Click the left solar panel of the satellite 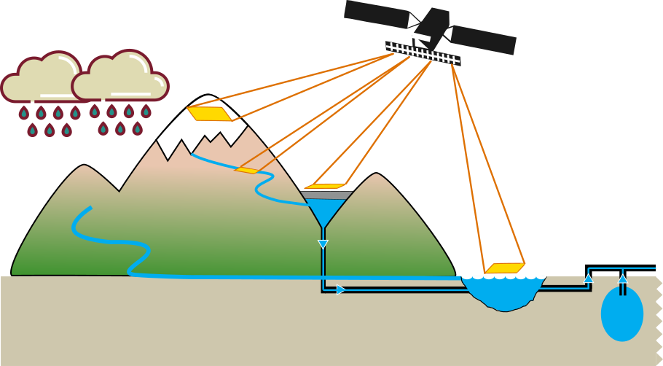(376, 14)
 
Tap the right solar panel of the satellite (483, 40)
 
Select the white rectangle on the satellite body (421, 36)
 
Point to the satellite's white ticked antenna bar (423, 53)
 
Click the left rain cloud (42, 79)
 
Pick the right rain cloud (120, 77)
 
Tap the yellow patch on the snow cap (209, 114)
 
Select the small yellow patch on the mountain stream (247, 171)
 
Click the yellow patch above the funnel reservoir (325, 187)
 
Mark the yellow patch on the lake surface (505, 268)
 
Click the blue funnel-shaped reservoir (325, 211)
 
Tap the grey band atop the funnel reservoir (327, 195)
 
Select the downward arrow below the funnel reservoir (323, 244)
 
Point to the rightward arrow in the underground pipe (341, 289)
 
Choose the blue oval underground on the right (621, 314)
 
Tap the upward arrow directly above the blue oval (622, 278)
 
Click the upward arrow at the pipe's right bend (589, 278)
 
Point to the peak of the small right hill (376, 176)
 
